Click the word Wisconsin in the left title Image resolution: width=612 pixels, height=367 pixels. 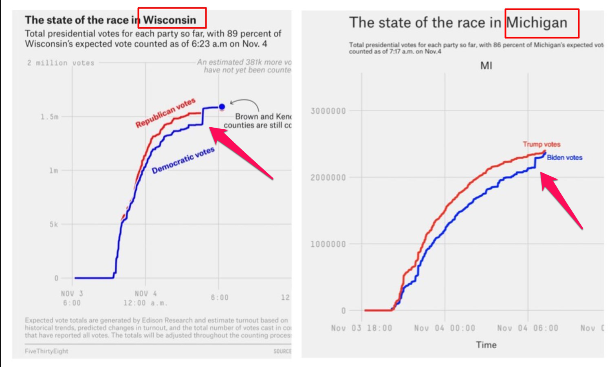170,20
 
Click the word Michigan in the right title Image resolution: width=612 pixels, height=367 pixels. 537,23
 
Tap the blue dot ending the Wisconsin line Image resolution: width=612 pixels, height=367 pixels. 222,107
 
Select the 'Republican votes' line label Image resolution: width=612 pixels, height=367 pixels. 165,113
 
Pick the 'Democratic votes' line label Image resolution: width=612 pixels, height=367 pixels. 183,160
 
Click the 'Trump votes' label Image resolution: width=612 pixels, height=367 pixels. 542,144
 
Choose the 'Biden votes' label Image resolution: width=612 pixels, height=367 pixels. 564,157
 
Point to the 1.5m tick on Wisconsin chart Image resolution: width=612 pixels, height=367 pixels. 49,117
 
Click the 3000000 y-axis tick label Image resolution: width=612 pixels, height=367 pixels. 328,111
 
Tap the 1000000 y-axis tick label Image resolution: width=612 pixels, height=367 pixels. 328,244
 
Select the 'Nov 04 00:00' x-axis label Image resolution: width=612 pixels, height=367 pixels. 445,328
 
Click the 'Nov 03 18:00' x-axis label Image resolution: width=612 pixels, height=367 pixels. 361,328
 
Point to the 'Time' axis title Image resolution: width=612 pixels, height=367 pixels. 486,345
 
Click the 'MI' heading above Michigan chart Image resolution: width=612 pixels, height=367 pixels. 486,66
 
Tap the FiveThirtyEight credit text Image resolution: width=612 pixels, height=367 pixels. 46,351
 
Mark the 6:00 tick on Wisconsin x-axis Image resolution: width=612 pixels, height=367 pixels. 219,298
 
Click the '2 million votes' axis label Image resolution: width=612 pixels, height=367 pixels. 61,63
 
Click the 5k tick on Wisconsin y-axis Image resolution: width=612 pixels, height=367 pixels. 54,224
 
